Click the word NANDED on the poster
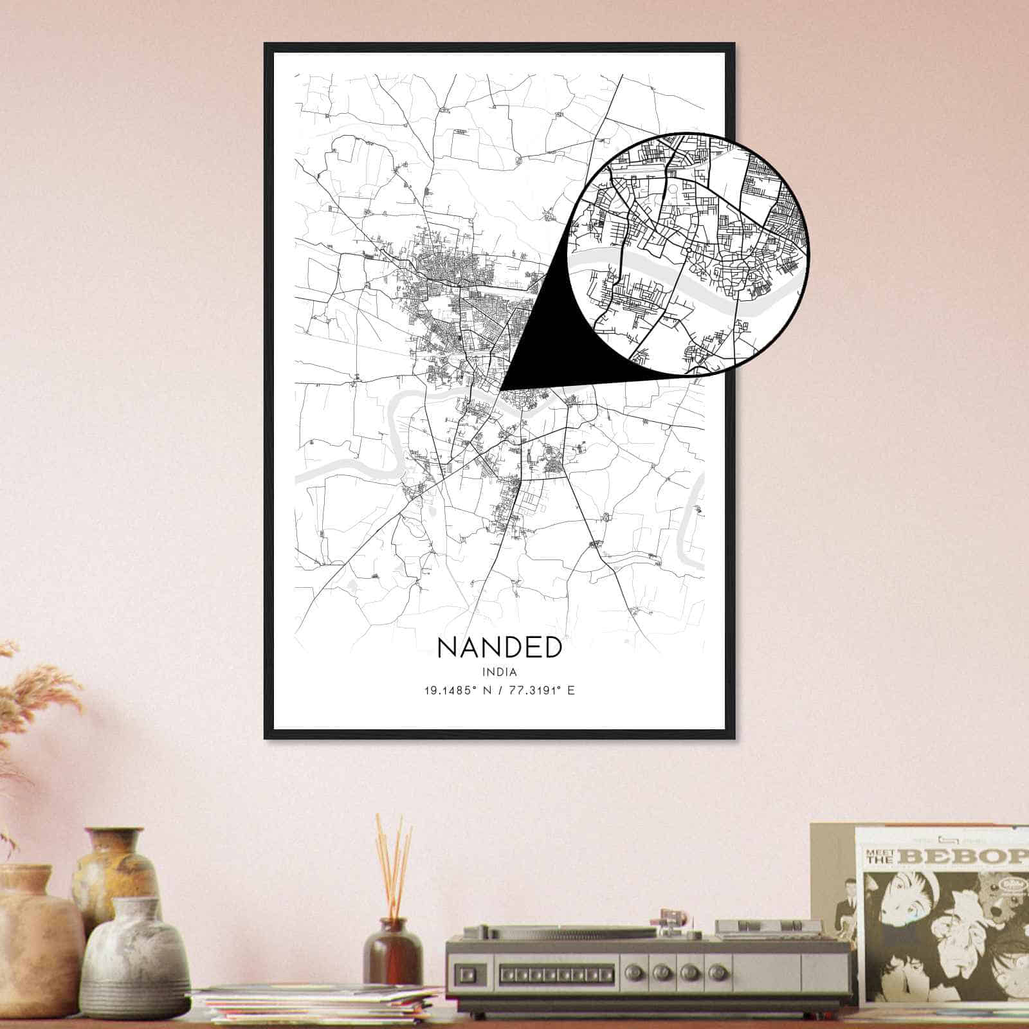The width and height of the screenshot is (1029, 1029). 499,648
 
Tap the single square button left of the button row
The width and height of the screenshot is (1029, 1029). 468,972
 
